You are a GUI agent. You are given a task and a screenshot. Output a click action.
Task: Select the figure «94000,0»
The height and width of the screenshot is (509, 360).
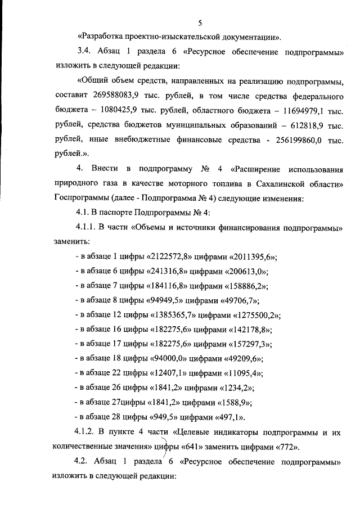[169, 359]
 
